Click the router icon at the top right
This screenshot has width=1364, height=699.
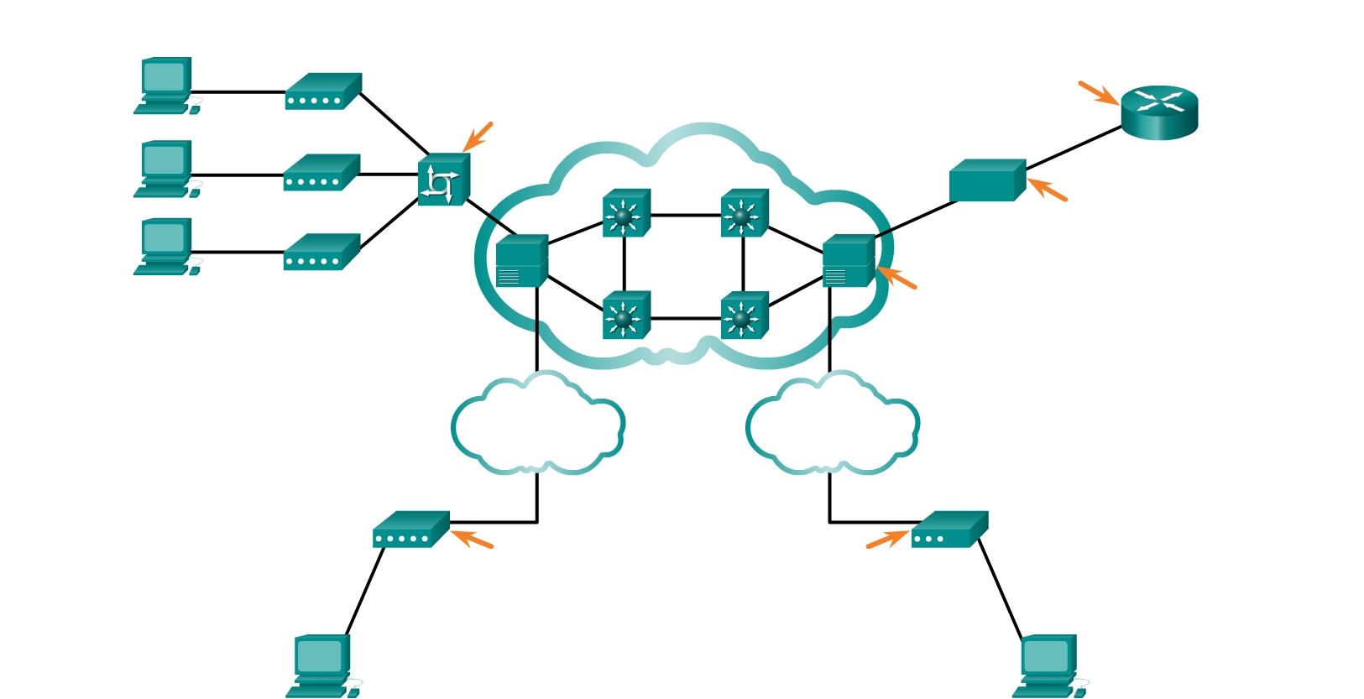(1159, 112)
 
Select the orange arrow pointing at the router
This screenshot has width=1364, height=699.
(1098, 92)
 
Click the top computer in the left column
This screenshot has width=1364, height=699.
(165, 85)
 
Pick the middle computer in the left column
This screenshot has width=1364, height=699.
(165, 169)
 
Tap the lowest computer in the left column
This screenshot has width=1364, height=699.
(165, 247)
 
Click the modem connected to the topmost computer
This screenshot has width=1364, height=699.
(323, 91)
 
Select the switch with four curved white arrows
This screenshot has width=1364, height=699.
(443, 180)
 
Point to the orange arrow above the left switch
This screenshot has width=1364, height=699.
(478, 137)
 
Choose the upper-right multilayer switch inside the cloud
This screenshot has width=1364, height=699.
(744, 213)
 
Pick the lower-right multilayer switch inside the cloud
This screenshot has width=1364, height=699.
(744, 316)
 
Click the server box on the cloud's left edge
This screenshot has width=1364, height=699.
(521, 261)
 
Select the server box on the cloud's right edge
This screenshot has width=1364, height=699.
(848, 261)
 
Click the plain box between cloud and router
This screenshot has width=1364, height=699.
(987, 180)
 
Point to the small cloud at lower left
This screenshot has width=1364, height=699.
(537, 425)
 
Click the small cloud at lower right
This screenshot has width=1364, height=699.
(832, 425)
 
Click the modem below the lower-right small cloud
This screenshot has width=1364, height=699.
(949, 529)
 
